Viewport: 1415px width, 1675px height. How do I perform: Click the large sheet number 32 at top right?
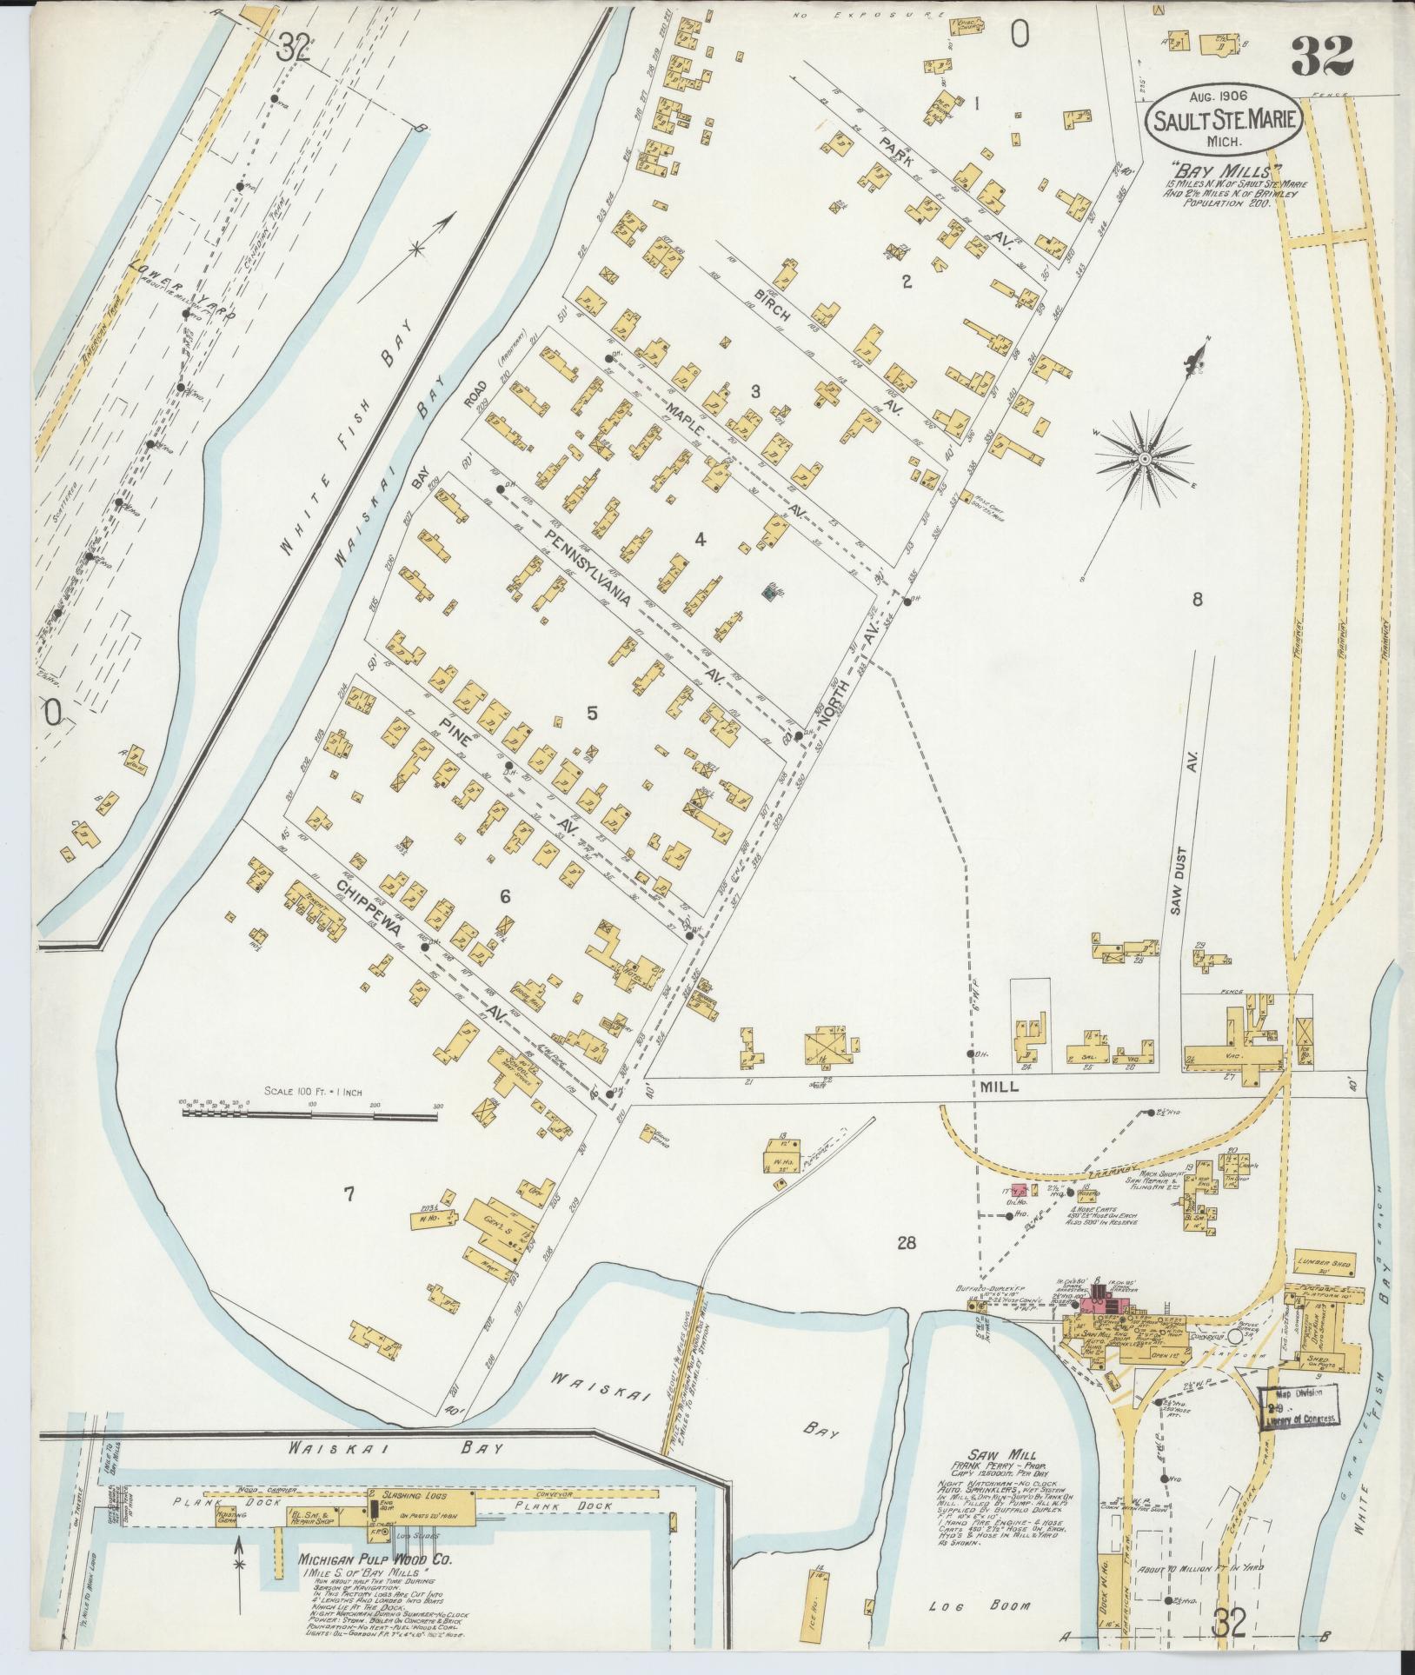point(1322,56)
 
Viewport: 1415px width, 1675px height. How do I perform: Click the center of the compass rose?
point(1145,458)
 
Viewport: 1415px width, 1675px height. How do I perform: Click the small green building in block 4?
point(768,592)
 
